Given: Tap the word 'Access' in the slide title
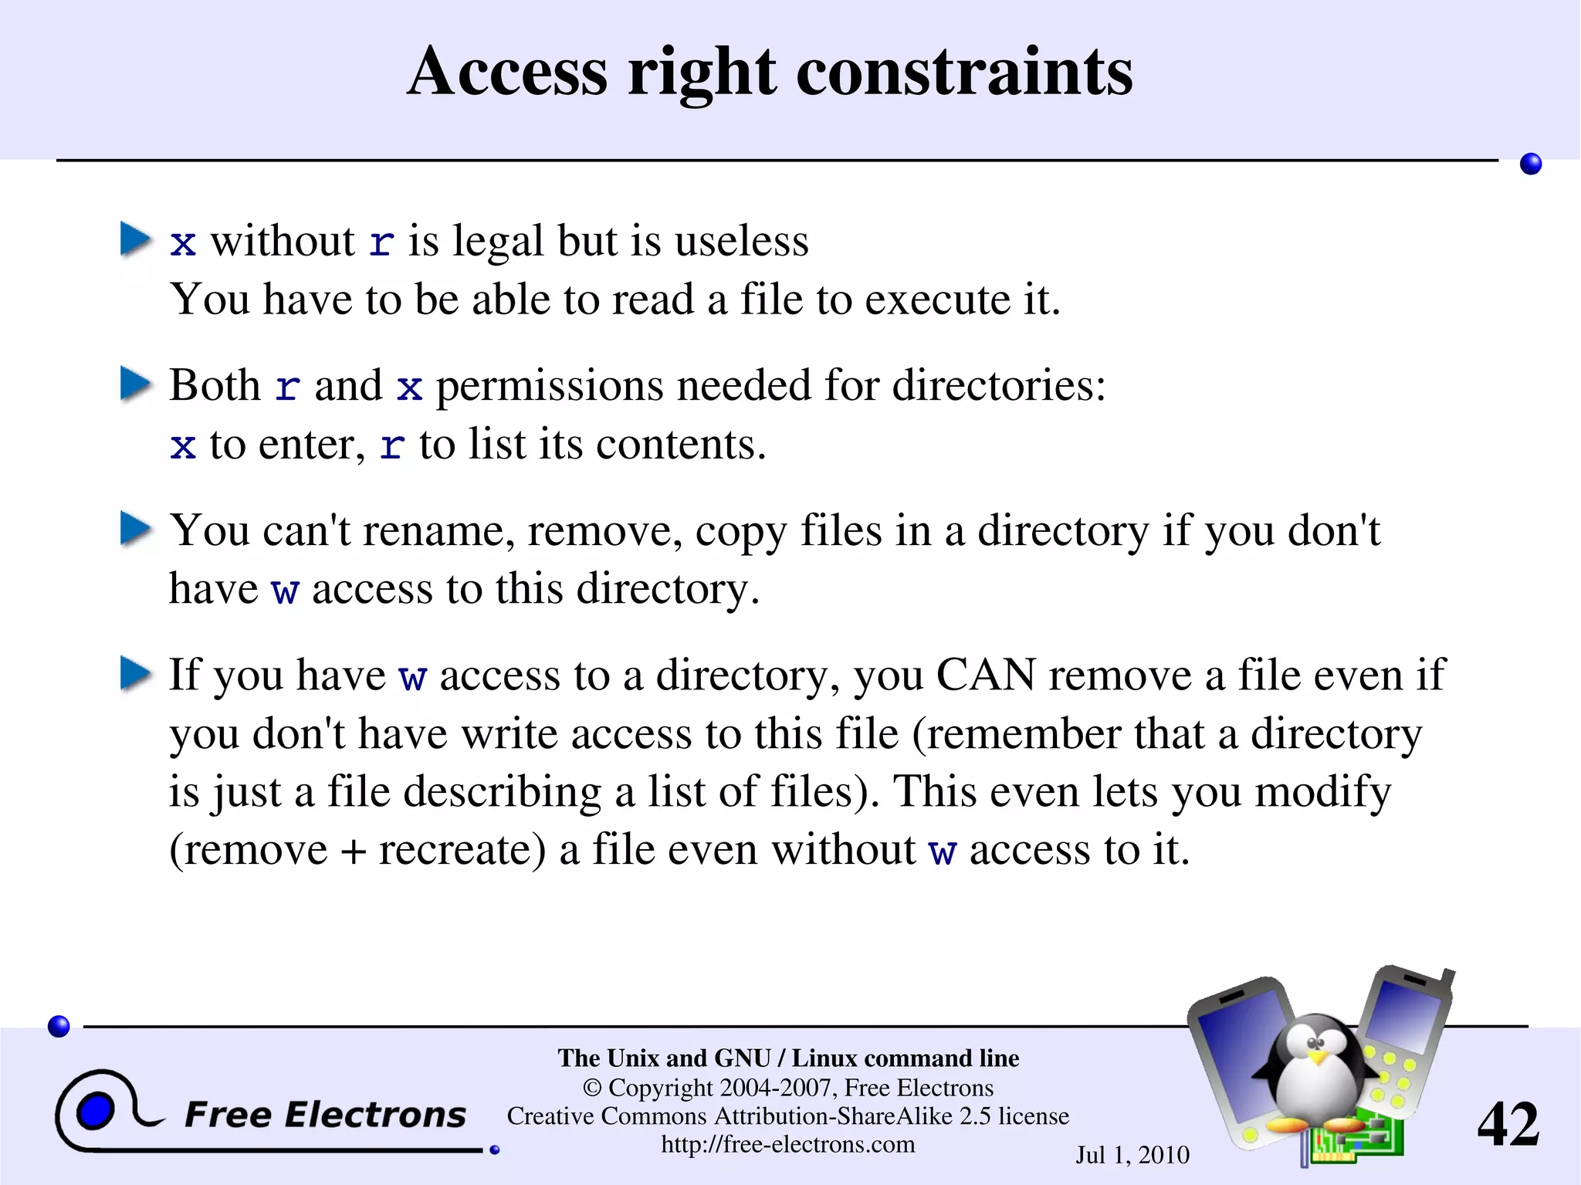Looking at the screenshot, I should (x=507, y=72).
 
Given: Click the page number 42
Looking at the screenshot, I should (x=1508, y=1124).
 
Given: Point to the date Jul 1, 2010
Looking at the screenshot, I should (x=1132, y=1155).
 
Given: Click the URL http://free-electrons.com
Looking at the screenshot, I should (x=787, y=1144).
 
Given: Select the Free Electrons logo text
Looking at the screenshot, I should (x=325, y=1115).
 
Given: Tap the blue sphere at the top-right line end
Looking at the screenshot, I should (x=1530, y=164).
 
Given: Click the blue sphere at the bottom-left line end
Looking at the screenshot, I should (x=59, y=1026).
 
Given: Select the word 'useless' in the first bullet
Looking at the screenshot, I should (x=741, y=241).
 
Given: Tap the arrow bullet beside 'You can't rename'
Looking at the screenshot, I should (x=136, y=529).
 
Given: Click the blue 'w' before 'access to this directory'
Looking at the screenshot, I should (x=284, y=591).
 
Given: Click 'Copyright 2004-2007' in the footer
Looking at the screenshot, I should (x=718, y=1088).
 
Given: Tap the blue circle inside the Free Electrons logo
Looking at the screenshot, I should (x=95, y=1112).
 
